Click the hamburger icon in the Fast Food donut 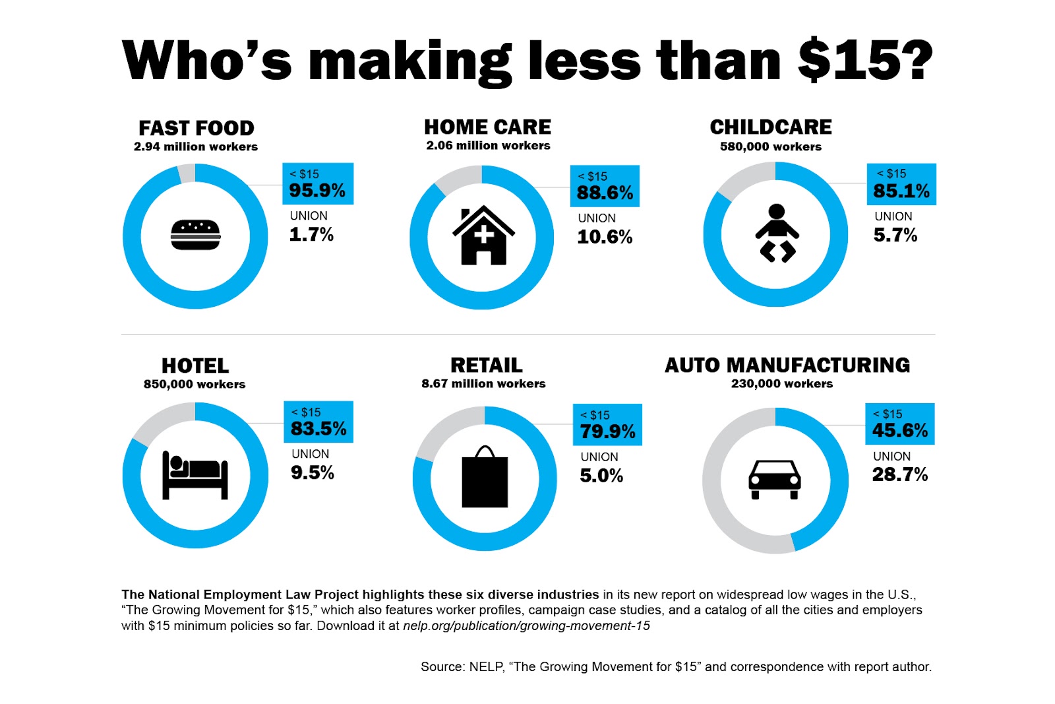pyautogui.click(x=195, y=235)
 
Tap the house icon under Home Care pyautogui.click(x=483, y=236)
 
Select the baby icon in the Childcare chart pyautogui.click(x=777, y=234)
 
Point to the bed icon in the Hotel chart pyautogui.click(x=195, y=475)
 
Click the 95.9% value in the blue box pyautogui.click(x=317, y=191)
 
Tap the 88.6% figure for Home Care pyautogui.click(x=605, y=193)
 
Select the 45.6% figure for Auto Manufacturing pyautogui.click(x=900, y=431)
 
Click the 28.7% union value pyautogui.click(x=900, y=474)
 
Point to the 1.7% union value pyautogui.click(x=311, y=235)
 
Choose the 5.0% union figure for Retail pyautogui.click(x=601, y=476)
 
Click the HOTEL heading pyautogui.click(x=195, y=366)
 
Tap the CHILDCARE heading pyautogui.click(x=771, y=127)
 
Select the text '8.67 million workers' pyautogui.click(x=483, y=383)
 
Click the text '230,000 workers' pyautogui.click(x=782, y=383)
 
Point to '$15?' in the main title pyautogui.click(x=865, y=61)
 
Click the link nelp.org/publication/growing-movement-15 pyautogui.click(x=526, y=625)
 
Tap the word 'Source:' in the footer pyautogui.click(x=442, y=667)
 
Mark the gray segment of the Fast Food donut pyautogui.click(x=187, y=174)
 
